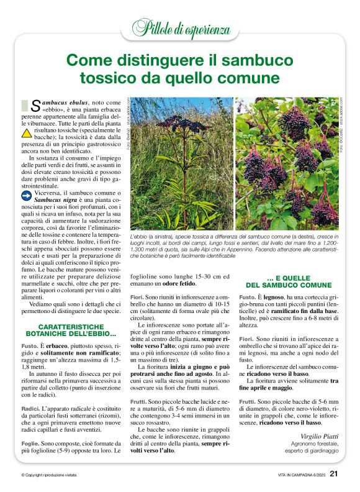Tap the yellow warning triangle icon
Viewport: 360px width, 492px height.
coord(26,133)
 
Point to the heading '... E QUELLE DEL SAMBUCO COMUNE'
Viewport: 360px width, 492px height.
coord(290,281)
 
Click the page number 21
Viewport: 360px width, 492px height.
coord(334,475)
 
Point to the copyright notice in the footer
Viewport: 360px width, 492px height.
coord(48,476)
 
